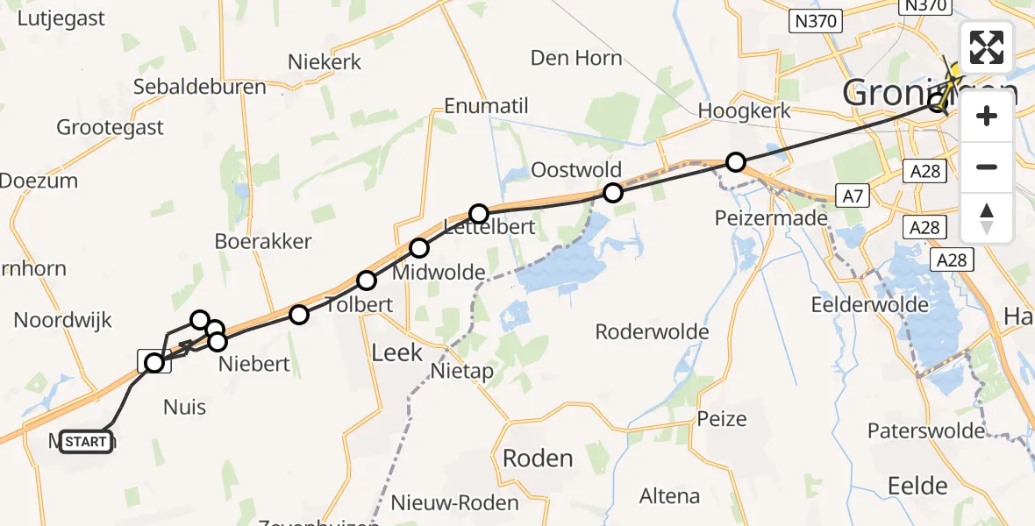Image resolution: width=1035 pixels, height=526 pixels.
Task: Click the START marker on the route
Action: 86,442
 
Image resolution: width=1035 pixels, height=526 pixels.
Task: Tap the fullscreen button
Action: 987,47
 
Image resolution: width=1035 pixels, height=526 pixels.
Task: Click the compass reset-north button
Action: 987,217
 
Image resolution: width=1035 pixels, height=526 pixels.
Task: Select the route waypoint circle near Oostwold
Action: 612,193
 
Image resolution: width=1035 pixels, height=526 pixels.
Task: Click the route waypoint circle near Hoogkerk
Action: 736,162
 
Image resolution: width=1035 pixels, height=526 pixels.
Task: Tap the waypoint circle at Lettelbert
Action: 479,213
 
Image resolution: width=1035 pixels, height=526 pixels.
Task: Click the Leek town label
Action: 397,352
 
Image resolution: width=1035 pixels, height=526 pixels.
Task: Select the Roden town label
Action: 538,458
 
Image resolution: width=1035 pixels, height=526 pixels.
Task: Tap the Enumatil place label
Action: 487,107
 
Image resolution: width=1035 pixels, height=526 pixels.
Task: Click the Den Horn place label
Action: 576,58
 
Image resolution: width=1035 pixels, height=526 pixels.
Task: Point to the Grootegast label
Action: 110,127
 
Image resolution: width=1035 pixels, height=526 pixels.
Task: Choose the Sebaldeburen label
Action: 200,87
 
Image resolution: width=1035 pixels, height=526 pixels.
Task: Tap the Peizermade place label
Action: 772,217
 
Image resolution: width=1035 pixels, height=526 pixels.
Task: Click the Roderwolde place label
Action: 652,331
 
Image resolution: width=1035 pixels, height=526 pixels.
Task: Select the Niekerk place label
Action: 325,61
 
